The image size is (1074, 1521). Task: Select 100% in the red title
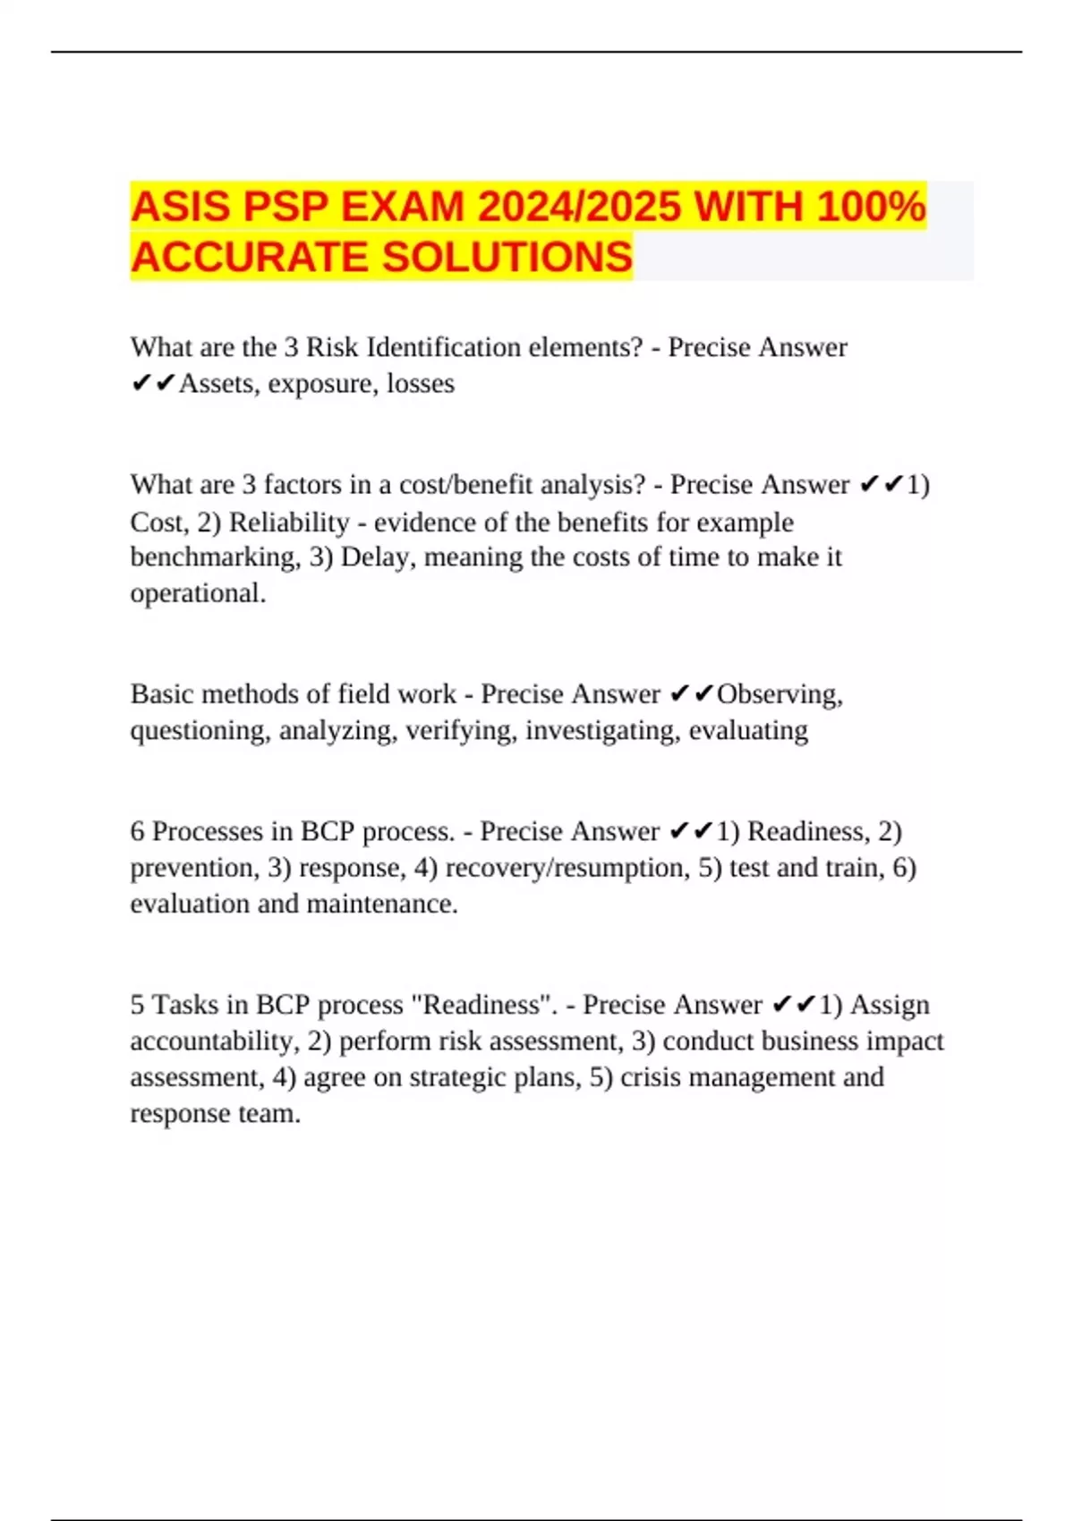870,207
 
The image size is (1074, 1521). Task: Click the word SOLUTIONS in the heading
507,257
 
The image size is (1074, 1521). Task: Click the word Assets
216,383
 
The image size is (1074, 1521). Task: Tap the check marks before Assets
153,384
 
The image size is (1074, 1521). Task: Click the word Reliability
289,522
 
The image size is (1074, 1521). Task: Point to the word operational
197,592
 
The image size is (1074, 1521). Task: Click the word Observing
779,693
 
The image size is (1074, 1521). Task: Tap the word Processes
209,831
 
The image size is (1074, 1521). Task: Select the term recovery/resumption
567,867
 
